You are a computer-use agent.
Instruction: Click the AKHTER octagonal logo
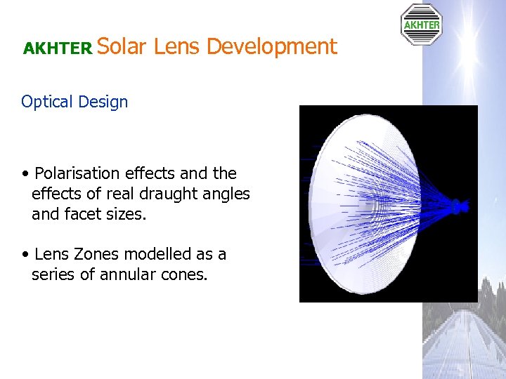[421, 25]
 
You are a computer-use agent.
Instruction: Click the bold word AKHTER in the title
[58, 48]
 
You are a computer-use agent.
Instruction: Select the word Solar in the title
[122, 47]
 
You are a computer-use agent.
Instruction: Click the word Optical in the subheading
[47, 102]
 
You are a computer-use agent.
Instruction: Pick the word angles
[227, 194]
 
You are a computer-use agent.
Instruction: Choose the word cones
[188, 274]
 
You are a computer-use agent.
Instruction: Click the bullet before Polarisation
[25, 174]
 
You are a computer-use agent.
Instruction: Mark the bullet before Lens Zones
[25, 254]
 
